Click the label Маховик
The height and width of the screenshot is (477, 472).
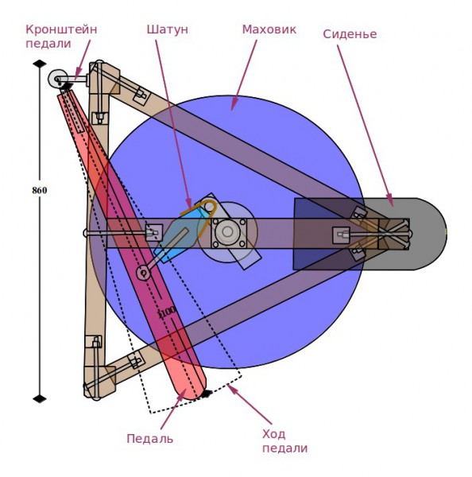(269, 29)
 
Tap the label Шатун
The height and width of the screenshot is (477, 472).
(168, 29)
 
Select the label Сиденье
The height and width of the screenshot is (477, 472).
(350, 34)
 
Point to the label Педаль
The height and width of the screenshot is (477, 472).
(150, 439)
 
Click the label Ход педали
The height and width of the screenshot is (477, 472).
(284, 441)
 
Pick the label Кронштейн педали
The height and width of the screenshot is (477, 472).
(61, 37)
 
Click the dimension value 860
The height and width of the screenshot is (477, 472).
(40, 191)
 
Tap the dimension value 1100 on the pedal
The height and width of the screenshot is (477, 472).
(168, 312)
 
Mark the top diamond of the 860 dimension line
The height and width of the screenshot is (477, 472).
(40, 64)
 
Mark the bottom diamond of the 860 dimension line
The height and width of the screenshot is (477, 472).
(40, 398)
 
